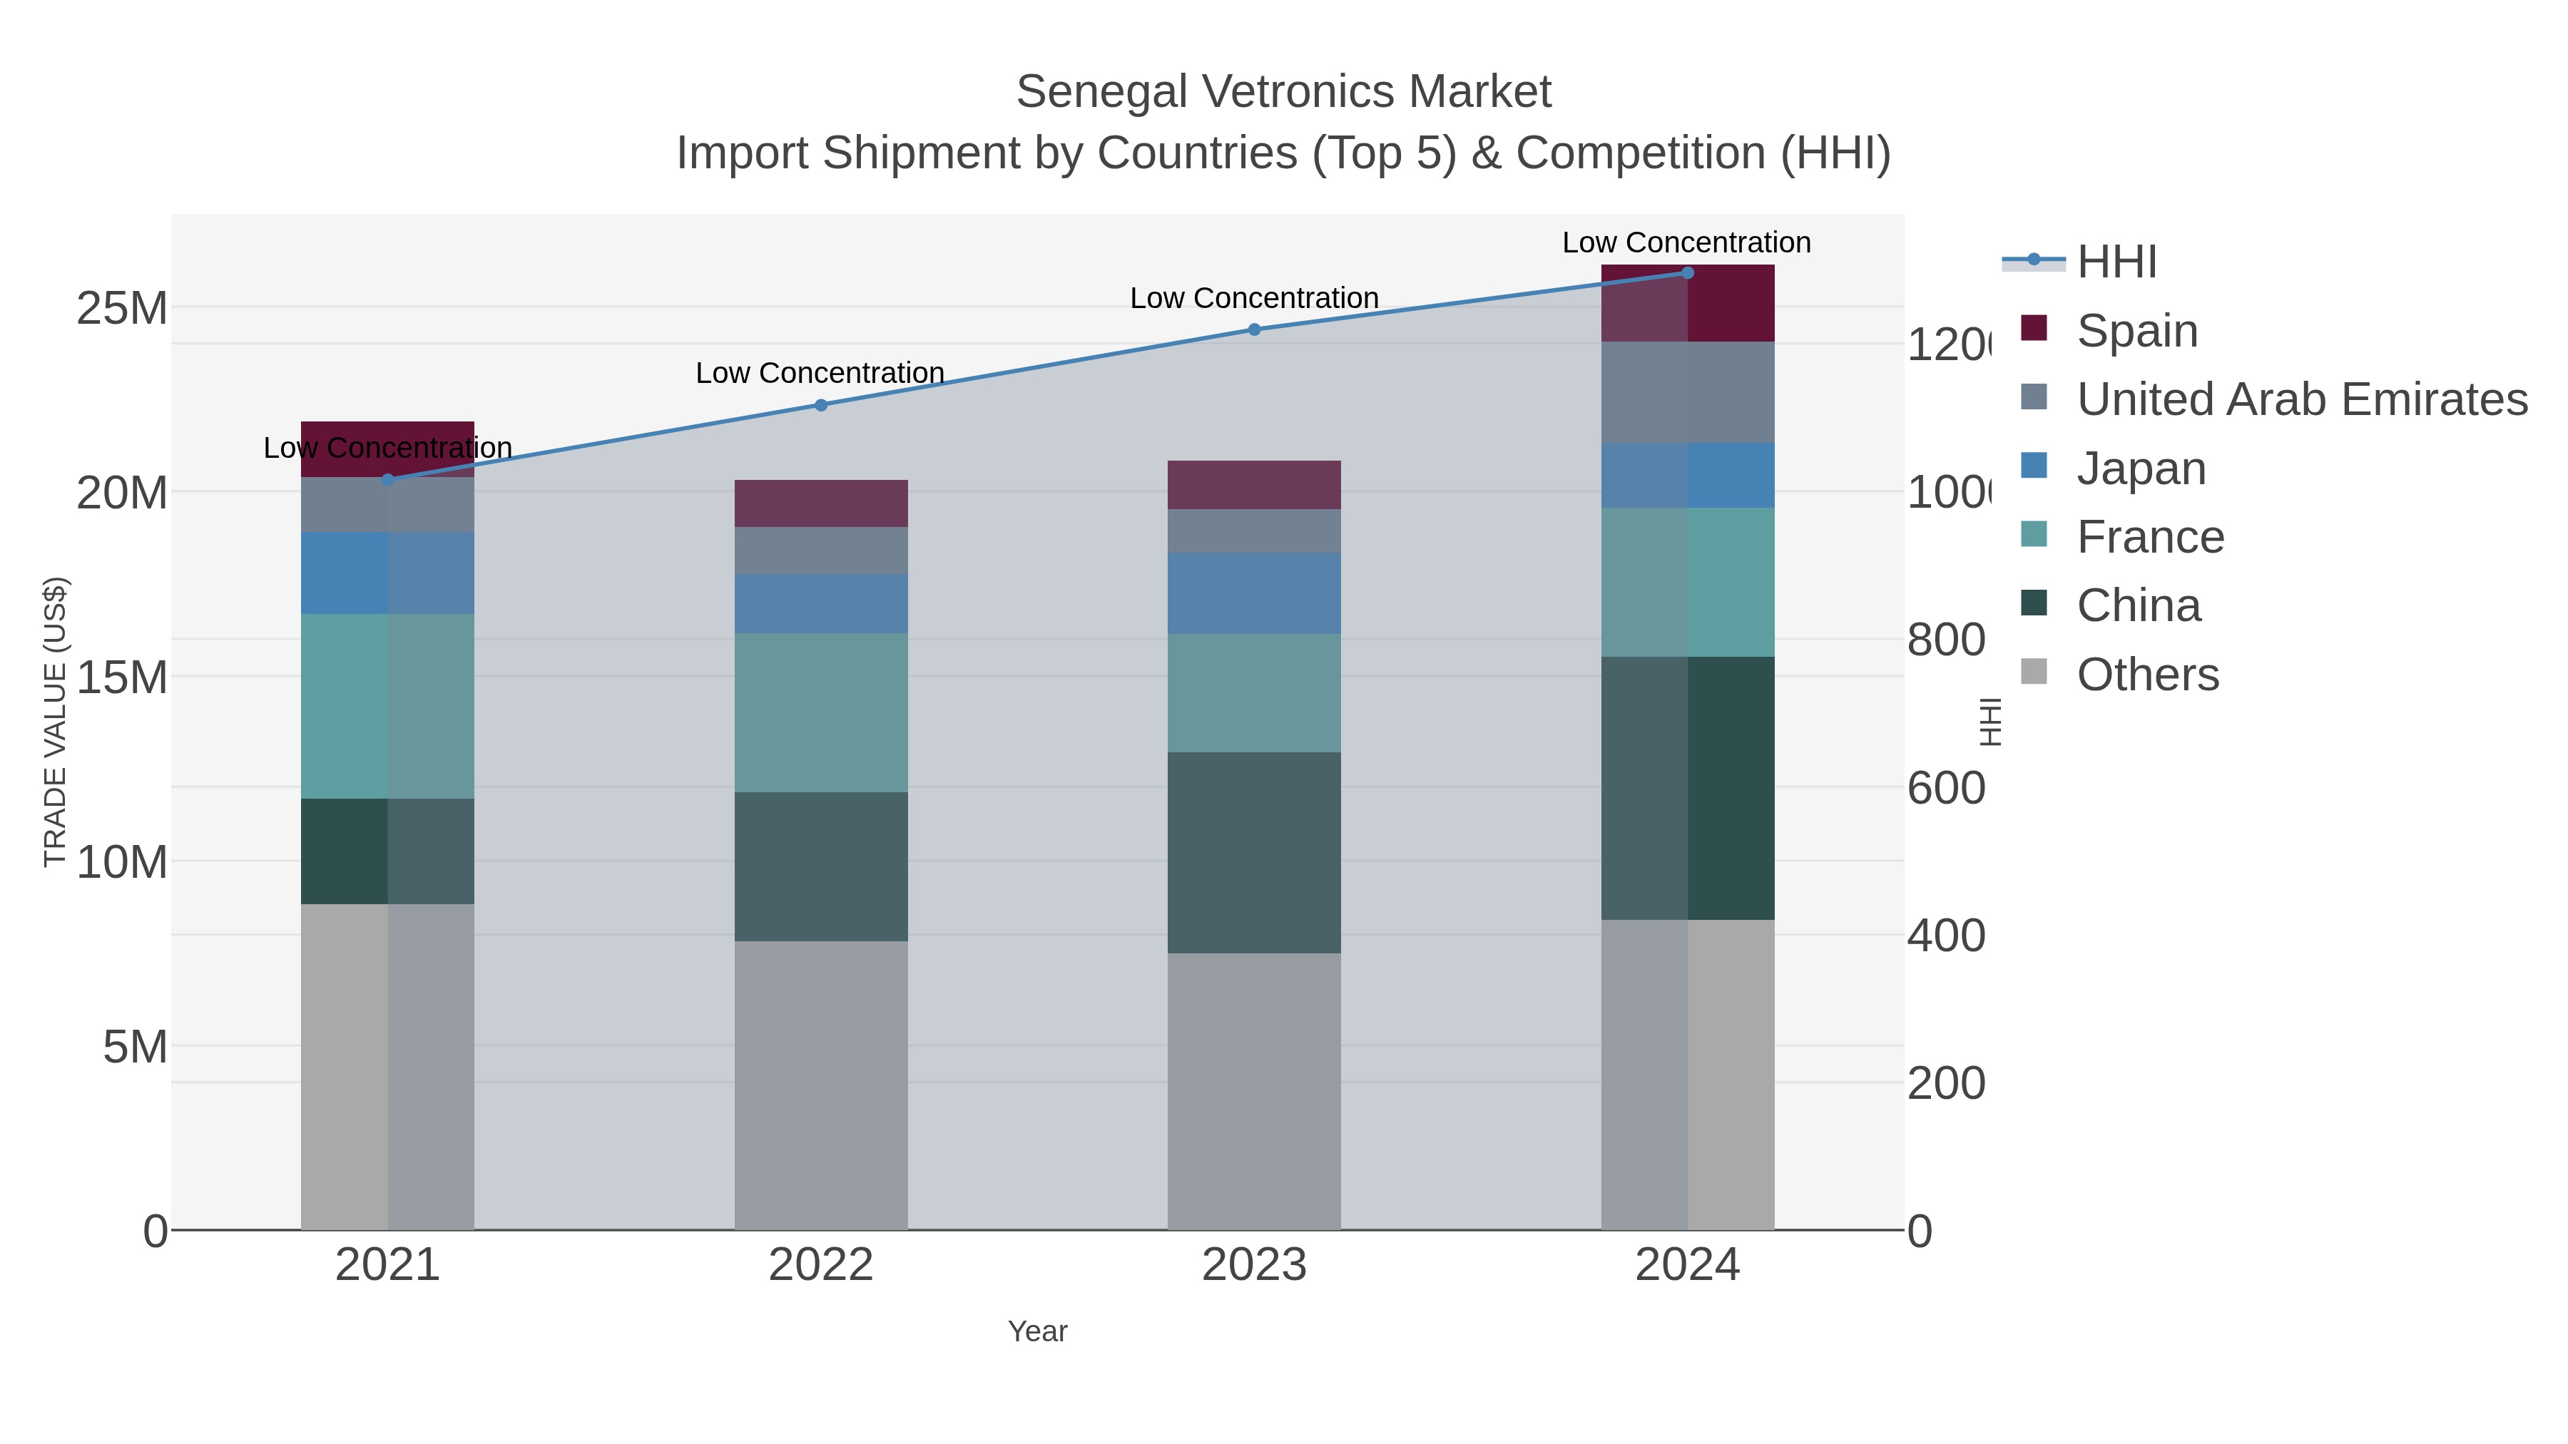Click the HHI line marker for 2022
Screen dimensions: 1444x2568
pyautogui.click(x=820, y=404)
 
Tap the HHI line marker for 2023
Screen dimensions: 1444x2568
pyautogui.click(x=1254, y=329)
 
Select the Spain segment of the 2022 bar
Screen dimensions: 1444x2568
pyautogui.click(x=820, y=503)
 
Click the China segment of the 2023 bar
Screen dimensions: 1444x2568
pyautogui.click(x=1254, y=852)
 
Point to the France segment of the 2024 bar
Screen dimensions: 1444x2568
pyautogui.click(x=1687, y=582)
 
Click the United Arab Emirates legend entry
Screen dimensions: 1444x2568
pyautogui.click(x=2300, y=399)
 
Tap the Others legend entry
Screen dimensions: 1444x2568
pyautogui.click(x=2146, y=675)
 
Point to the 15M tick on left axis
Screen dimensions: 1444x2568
pyautogui.click(x=121, y=677)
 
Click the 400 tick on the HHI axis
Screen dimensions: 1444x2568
pyautogui.click(x=1945, y=936)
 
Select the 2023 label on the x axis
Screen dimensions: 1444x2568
pyautogui.click(x=1254, y=1264)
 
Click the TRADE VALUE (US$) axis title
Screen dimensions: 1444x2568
pyautogui.click(x=55, y=722)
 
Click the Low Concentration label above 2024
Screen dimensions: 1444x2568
pyautogui.click(x=1686, y=242)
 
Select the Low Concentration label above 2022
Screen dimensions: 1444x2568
pyautogui.click(x=820, y=373)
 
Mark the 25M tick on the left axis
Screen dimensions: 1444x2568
pyautogui.click(x=121, y=308)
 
